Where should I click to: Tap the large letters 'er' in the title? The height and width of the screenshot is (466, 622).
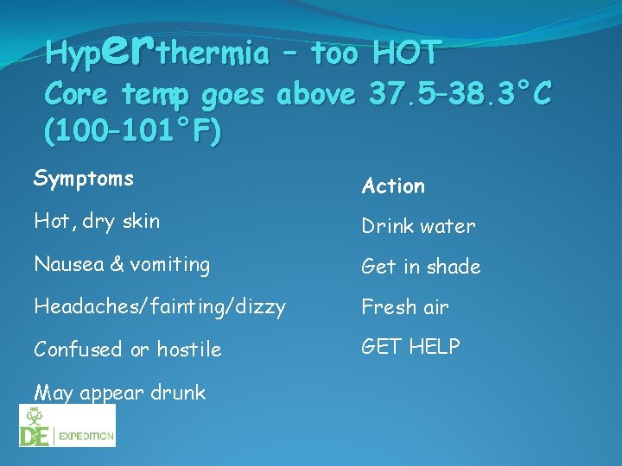point(131,48)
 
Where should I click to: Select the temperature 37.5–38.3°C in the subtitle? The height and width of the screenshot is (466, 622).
point(459,95)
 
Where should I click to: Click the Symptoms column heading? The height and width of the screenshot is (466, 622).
point(83,179)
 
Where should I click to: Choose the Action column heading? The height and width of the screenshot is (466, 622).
point(393,186)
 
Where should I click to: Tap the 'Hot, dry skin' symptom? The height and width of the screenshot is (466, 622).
point(97,221)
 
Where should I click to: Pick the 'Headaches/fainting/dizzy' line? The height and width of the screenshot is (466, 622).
point(159,306)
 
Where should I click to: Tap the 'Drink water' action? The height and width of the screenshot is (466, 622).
point(418,226)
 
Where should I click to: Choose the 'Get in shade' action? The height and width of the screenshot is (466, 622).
point(421,267)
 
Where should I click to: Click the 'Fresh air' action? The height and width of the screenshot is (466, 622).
point(404,306)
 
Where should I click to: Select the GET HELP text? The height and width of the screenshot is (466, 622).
point(410,346)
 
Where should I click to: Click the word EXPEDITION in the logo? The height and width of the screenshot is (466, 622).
point(86,437)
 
